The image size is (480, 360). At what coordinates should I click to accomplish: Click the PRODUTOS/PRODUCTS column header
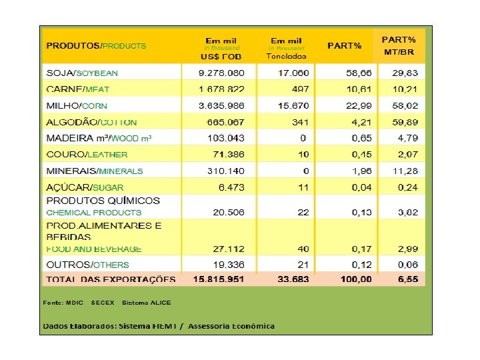point(96,46)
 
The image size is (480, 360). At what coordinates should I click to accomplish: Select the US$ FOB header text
point(221,57)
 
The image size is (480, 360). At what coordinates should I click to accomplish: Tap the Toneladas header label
point(286,57)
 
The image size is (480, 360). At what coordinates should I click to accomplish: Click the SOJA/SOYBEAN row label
point(82,73)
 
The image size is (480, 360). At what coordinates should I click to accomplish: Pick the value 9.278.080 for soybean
point(221,73)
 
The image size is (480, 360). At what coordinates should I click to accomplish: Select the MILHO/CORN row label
point(77,105)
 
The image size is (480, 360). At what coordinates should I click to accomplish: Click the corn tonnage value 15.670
point(293,105)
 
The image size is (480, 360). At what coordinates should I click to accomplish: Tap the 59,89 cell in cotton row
point(405,122)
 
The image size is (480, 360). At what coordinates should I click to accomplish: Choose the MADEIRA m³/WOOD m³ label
point(99,138)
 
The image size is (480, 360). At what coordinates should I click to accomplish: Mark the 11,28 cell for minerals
point(405,171)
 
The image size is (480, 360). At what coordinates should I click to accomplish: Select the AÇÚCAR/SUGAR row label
point(85,187)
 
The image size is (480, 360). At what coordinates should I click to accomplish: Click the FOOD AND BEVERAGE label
point(94,249)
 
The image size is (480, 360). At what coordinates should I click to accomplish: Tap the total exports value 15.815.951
point(217,279)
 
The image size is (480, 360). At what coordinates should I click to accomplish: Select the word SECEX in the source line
point(103,303)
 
